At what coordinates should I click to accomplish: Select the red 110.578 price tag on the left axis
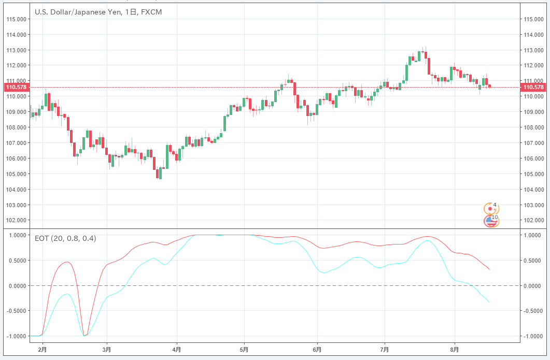tap(16, 87)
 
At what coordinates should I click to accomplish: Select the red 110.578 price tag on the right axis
tap(533, 87)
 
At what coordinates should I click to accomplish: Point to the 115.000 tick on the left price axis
tap(16, 19)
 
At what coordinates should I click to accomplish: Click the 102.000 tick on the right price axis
tap(533, 220)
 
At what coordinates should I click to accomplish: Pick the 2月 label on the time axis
tap(43, 350)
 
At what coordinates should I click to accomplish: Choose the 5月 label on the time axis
tap(244, 350)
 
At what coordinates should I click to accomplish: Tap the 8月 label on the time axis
tap(455, 350)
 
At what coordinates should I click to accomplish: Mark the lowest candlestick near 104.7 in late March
tap(160, 174)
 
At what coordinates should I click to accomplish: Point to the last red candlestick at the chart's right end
tap(490, 86)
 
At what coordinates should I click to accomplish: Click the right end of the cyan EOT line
tap(489, 302)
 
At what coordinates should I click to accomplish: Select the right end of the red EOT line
tap(489, 269)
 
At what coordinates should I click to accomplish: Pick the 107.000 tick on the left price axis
tap(16, 143)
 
